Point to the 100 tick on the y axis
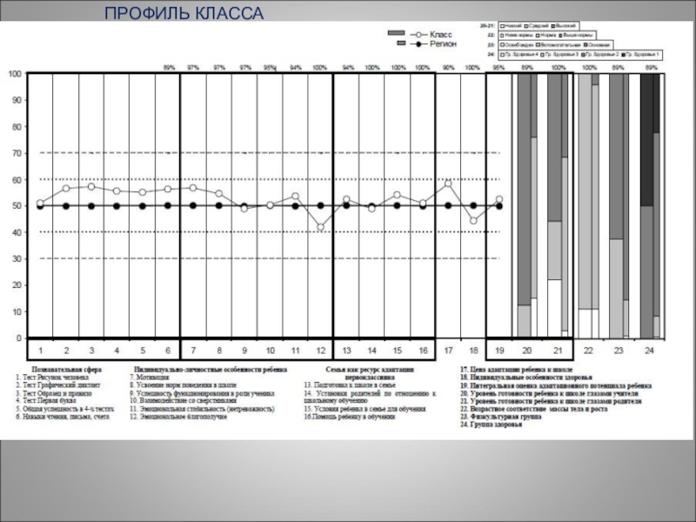click(15, 75)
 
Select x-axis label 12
click(321, 350)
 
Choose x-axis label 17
click(448, 350)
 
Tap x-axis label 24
click(649, 350)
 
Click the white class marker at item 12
click(321, 227)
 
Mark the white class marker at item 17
click(448, 184)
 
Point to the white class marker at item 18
click(473, 220)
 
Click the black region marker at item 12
click(321, 206)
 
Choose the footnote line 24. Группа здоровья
click(492, 425)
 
